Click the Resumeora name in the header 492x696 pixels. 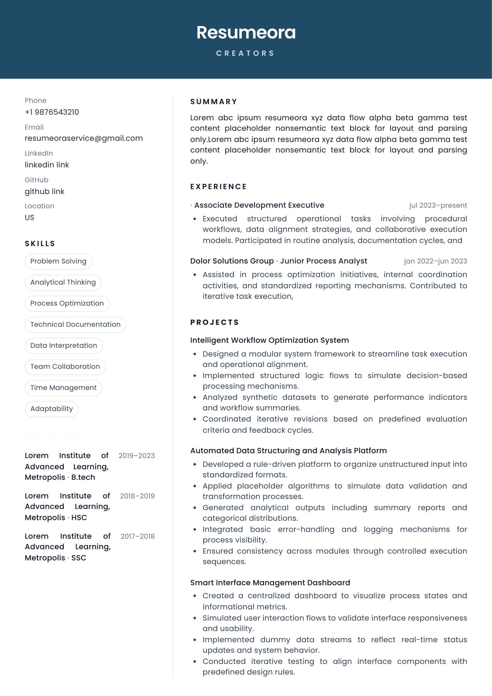tap(246, 32)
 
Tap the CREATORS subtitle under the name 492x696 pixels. tap(245, 53)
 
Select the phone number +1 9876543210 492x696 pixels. tap(52, 112)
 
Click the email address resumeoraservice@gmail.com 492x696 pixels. tap(84, 138)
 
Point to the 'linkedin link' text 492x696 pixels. tap(47, 165)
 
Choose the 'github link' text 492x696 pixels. tap(45, 192)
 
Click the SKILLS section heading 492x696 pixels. tap(40, 244)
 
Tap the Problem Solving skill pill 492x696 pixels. tap(58, 261)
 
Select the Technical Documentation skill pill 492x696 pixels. tap(75, 324)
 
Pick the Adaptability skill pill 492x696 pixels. tap(51, 409)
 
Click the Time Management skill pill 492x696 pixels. tap(63, 388)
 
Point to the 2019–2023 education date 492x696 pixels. tap(136, 456)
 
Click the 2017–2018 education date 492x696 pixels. tap(137, 536)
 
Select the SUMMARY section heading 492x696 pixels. tap(214, 102)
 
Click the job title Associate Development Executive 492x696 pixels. tap(259, 205)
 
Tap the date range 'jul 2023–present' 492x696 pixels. tap(438, 206)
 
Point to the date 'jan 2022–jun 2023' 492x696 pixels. tap(435, 261)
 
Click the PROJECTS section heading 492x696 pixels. tap(215, 323)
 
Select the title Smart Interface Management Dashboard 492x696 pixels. tap(270, 583)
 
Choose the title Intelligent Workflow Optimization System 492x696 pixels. tap(269, 340)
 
